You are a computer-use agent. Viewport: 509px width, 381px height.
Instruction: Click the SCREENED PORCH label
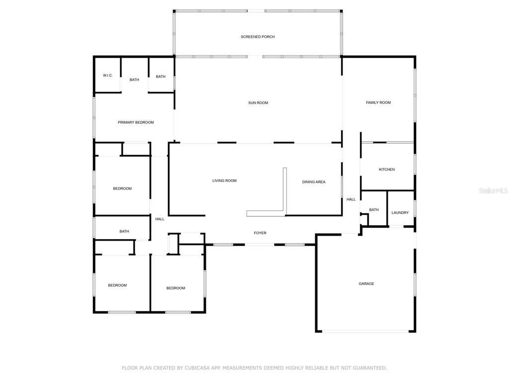pyautogui.click(x=258, y=37)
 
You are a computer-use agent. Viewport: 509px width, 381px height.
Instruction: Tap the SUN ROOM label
pyautogui.click(x=258, y=103)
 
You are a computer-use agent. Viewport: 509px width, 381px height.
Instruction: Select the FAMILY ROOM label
pyautogui.click(x=378, y=103)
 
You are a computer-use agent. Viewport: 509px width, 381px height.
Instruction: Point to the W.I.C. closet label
pyautogui.click(x=108, y=75)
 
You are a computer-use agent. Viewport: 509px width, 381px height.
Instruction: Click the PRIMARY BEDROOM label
pyautogui.click(x=136, y=123)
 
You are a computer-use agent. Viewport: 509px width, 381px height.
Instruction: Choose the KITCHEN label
pyautogui.click(x=387, y=170)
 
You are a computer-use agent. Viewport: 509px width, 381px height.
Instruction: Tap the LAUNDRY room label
pyautogui.click(x=400, y=213)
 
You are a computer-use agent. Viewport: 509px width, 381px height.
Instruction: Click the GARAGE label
pyautogui.click(x=366, y=284)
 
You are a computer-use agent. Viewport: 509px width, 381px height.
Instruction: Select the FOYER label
pyautogui.click(x=260, y=233)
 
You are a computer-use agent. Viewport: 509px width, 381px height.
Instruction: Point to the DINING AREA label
pyautogui.click(x=314, y=182)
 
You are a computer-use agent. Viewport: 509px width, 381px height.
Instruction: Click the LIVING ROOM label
pyautogui.click(x=224, y=181)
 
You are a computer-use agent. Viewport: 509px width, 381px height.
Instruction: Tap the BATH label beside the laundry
pyautogui.click(x=374, y=210)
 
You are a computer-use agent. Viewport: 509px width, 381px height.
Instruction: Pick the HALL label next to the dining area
pyautogui.click(x=351, y=199)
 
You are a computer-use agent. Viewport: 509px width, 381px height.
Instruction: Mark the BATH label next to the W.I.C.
pyautogui.click(x=134, y=80)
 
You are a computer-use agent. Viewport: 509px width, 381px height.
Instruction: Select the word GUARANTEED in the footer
pyautogui.click(x=369, y=368)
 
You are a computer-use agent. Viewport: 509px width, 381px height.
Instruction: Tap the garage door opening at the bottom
pyautogui.click(x=365, y=331)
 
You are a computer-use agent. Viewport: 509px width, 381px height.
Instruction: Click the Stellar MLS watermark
pyautogui.click(x=493, y=191)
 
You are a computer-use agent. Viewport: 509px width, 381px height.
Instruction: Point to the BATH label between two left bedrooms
pyautogui.click(x=124, y=232)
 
